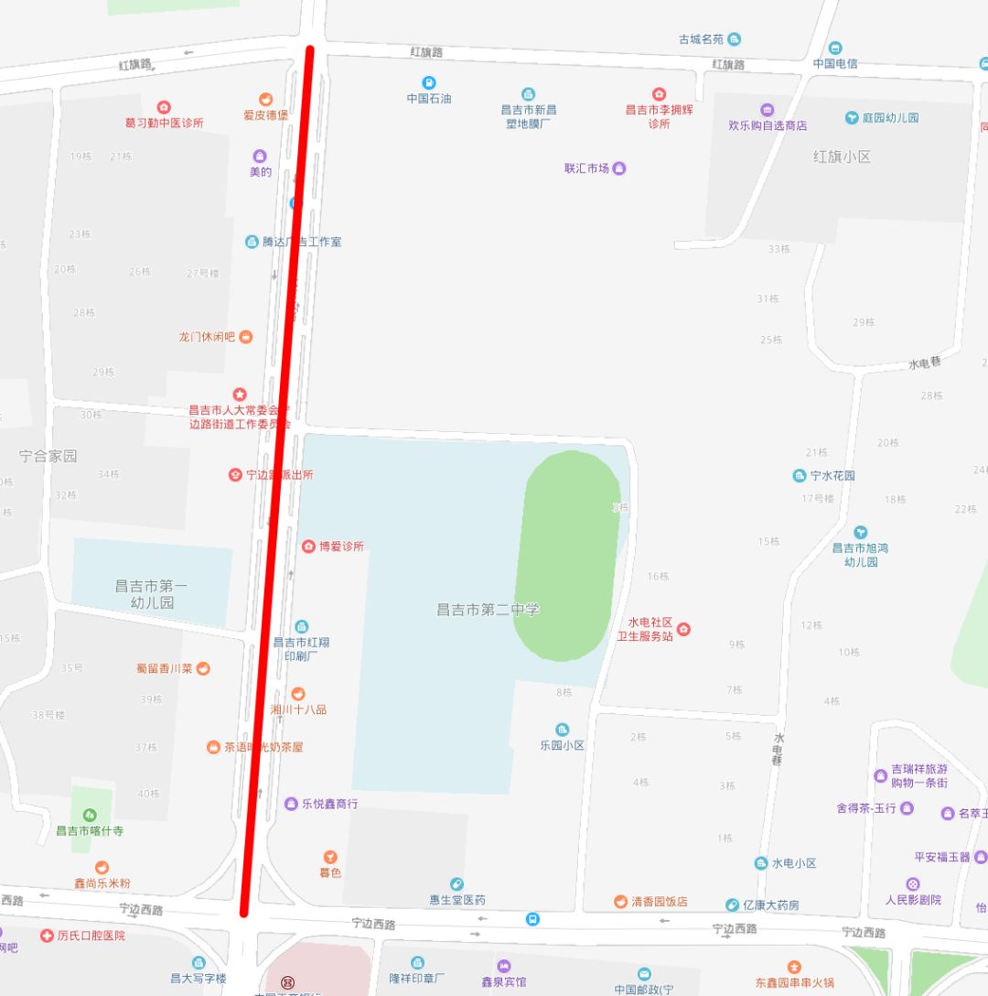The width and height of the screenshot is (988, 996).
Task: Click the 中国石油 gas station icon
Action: [429, 82]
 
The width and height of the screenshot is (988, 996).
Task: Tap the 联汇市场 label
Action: [586, 168]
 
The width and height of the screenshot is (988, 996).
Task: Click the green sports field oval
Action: [568, 555]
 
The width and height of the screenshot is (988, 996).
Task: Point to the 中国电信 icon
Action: [835, 48]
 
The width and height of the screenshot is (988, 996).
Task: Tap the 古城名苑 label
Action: [701, 39]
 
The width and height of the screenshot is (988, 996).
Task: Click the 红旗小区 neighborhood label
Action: [842, 157]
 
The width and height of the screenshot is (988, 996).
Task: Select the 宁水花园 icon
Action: [800, 476]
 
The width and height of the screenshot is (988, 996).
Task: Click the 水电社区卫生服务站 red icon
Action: [682, 629]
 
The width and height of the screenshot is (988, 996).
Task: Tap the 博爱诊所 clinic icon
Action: [308, 547]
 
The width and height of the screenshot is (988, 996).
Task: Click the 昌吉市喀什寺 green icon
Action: [90, 815]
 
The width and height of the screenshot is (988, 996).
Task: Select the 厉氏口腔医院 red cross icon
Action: [47, 936]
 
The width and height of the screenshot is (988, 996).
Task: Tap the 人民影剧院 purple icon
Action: [912, 884]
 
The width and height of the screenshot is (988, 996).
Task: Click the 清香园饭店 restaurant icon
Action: [621, 902]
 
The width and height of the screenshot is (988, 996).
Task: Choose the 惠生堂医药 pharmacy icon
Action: [456, 884]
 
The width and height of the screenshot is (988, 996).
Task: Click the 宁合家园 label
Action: [48, 456]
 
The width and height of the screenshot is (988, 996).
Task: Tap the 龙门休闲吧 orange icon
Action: [245, 337]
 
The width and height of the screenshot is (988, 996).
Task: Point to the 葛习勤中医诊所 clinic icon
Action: [164, 107]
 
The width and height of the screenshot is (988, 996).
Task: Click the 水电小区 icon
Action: [761, 863]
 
